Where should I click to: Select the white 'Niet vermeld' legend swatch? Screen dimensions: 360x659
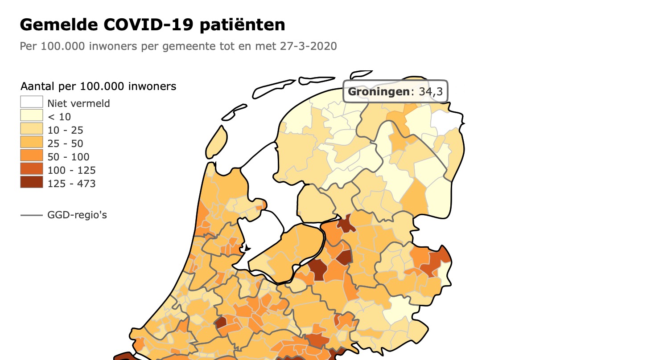coord(31,102)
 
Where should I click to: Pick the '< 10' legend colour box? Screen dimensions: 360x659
coord(31,115)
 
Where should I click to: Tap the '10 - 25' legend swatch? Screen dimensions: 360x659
coord(31,129)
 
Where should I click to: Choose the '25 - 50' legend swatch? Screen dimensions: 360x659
coord(31,142)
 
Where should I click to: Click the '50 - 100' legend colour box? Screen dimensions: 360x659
coord(31,155)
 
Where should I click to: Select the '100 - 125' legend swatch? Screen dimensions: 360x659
coord(31,169)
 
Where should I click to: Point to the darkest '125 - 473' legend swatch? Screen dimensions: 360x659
coord(31,182)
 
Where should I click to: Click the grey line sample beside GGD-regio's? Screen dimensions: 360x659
coord(31,215)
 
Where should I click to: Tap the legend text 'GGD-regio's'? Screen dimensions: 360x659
coord(77,215)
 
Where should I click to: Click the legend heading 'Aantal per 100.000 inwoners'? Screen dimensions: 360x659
coord(98,86)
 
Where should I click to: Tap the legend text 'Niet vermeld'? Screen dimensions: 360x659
coord(78,103)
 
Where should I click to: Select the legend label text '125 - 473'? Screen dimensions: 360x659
coord(71,184)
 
